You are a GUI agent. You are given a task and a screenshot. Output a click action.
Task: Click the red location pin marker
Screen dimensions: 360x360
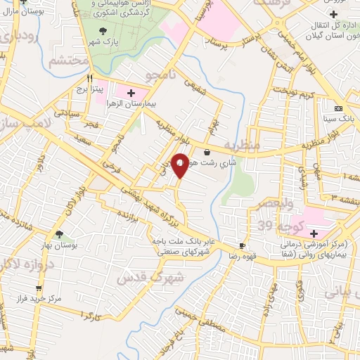pos(180,165)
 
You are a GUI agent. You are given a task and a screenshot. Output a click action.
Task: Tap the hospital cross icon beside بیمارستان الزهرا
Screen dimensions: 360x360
pos(131,93)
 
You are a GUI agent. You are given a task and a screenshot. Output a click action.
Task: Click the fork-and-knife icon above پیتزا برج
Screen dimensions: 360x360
pos(89,79)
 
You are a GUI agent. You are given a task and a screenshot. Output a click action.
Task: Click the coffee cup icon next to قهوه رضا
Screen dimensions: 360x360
pos(243,246)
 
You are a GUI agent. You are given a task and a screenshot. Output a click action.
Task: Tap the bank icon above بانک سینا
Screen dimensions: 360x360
pos(339,109)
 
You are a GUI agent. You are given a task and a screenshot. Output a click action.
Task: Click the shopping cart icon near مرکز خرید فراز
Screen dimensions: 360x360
pos(39,288)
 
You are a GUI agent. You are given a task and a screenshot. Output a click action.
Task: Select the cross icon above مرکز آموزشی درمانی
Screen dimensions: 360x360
pos(314,233)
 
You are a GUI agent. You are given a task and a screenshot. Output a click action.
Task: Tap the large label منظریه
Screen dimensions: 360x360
pos(243,145)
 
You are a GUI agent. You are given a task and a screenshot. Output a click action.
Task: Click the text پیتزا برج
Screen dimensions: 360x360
pos(90,90)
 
